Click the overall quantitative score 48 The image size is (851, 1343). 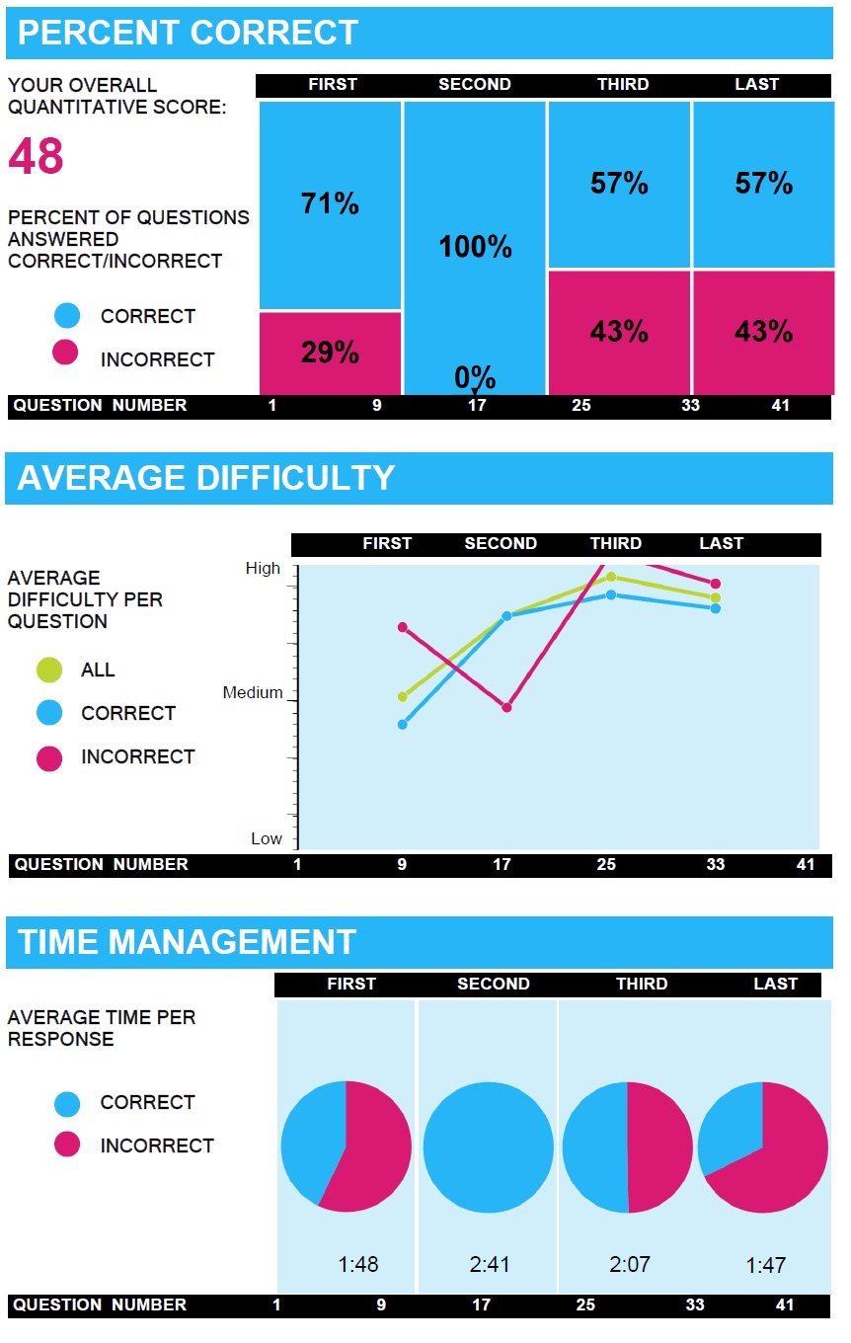tap(37, 157)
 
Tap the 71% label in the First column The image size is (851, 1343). tap(330, 203)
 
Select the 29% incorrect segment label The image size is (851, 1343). tap(330, 353)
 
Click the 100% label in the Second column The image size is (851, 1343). tap(475, 246)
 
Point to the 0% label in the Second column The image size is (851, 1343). tap(475, 376)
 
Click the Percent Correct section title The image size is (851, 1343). tap(188, 33)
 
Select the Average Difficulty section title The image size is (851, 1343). tap(206, 478)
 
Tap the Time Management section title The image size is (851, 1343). tap(187, 942)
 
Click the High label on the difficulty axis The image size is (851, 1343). tap(264, 569)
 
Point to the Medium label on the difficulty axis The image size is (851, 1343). tap(253, 693)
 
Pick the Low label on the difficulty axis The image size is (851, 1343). tap(267, 838)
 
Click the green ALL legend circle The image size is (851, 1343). tap(48, 670)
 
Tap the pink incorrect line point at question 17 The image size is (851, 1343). tap(506, 707)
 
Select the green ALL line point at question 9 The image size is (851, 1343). tap(402, 696)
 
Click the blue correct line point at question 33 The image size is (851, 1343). tap(716, 608)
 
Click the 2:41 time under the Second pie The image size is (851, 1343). tap(489, 1264)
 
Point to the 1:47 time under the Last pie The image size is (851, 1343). tap(765, 1265)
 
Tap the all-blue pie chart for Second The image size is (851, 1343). tap(489, 1146)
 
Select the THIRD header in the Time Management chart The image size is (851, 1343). tap(642, 984)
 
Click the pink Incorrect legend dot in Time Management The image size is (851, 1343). tap(67, 1145)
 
